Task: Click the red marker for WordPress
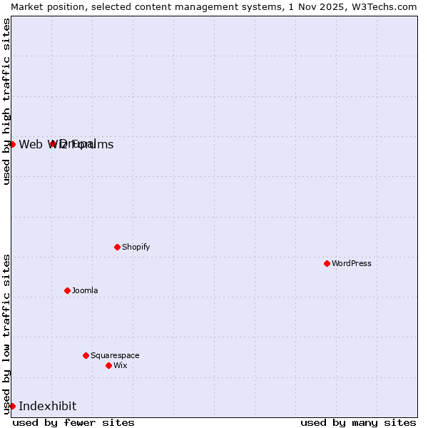327,263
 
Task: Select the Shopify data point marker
117,247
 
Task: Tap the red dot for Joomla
67,290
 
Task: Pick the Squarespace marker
86,355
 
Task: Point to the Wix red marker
108,365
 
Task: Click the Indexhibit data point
12,406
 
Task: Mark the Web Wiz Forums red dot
12,144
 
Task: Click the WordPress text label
352,263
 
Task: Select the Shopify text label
136,247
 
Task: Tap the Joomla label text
85,290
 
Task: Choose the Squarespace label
115,355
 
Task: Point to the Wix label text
120,365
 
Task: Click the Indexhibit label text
47,406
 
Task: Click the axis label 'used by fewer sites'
73,422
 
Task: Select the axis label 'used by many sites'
358,422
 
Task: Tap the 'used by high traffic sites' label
6,101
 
